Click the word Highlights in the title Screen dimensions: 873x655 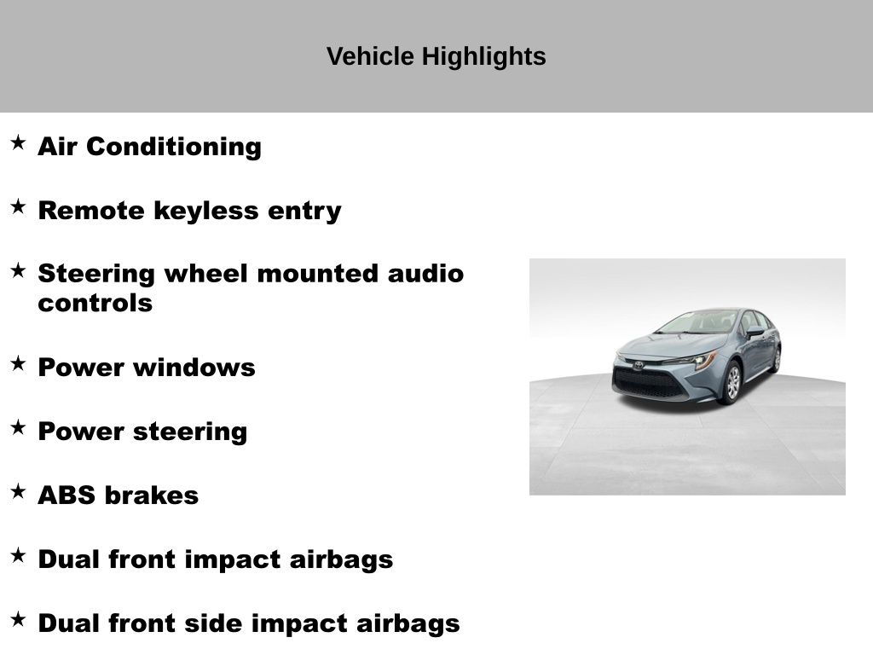483,57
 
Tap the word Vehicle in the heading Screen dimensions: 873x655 370,56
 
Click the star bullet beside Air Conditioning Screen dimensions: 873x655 18,142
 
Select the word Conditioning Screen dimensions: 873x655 174,147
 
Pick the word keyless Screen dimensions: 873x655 206,212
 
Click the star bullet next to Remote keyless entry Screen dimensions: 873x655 18,206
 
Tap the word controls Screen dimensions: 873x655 95,304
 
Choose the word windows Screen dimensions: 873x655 194,368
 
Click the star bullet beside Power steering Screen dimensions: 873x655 18,427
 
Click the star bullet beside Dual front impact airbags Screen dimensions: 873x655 18,555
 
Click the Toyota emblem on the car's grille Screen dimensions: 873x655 638,365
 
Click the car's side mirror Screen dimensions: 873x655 755,332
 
